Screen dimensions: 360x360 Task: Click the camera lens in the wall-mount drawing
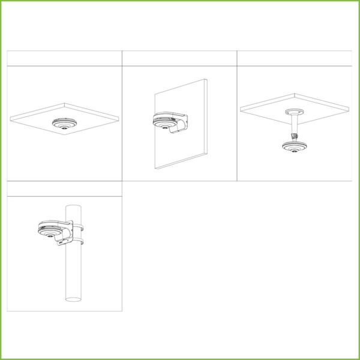(x=161, y=126)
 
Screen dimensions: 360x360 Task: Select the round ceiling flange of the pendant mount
(x=295, y=112)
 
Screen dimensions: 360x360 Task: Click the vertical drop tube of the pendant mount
(x=295, y=126)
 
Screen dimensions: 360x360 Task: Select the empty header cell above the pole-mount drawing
(x=64, y=188)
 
